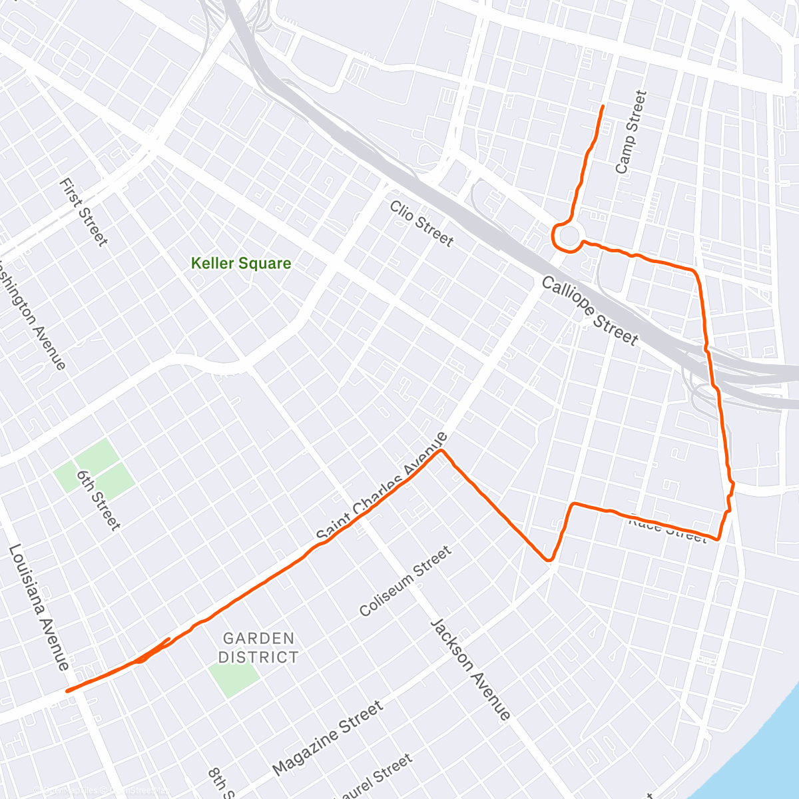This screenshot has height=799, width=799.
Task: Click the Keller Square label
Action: point(241,263)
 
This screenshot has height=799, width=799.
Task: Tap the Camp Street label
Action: point(631,133)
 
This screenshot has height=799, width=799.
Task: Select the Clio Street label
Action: point(421,224)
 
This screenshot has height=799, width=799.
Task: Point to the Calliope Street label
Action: point(589,311)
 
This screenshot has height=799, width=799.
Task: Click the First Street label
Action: point(83,212)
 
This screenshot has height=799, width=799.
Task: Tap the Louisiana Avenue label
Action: point(39,607)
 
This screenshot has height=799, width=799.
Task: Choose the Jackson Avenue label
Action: point(471,669)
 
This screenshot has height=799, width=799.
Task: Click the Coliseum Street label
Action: point(405,581)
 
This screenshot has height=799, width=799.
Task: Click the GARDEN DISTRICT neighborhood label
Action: point(258,648)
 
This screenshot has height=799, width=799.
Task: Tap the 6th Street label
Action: point(99,500)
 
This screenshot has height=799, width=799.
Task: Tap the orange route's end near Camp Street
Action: point(603,107)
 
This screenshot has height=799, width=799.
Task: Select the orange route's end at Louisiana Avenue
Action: point(67,691)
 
